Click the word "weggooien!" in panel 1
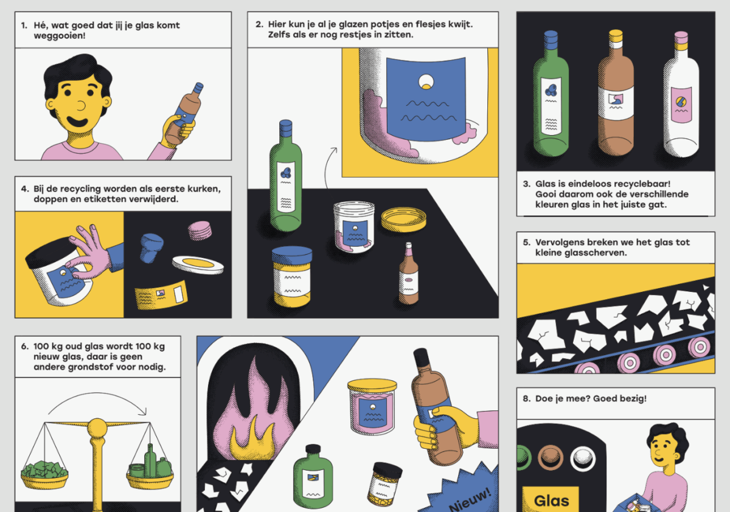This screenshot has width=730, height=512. [x=60, y=35]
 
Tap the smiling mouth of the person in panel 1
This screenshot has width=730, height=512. [x=77, y=122]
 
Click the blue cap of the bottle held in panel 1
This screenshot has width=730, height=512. [x=198, y=88]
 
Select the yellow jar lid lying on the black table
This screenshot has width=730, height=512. [x=403, y=219]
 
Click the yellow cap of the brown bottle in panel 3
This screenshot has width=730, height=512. [x=616, y=35]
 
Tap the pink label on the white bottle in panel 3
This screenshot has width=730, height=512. [x=681, y=105]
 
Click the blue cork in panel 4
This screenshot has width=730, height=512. [x=151, y=247]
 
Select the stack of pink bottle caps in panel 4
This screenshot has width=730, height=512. [x=200, y=230]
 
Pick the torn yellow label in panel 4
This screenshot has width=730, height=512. [x=161, y=295]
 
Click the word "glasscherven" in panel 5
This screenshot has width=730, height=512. [x=595, y=253]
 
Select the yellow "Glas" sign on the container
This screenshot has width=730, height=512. [x=551, y=499]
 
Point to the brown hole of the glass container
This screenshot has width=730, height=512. [x=550, y=458]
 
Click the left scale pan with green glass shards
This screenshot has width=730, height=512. [x=44, y=476]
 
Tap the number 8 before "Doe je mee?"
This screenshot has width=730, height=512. [x=526, y=399]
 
